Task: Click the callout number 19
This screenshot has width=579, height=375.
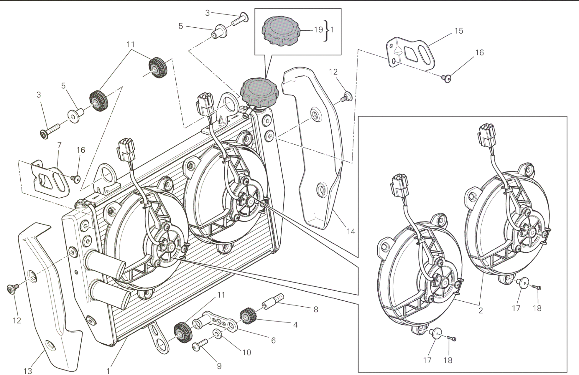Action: click(x=318, y=30)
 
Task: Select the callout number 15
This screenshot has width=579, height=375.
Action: click(x=459, y=31)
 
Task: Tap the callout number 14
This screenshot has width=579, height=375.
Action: click(x=351, y=232)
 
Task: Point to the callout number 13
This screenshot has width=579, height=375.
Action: click(x=28, y=371)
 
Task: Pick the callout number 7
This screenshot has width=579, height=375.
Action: click(x=59, y=145)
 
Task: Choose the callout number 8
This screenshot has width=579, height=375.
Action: click(x=316, y=309)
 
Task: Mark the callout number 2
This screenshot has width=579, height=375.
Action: click(x=481, y=310)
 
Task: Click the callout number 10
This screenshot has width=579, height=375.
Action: click(x=247, y=352)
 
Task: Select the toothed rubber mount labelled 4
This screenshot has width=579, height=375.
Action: click(x=249, y=316)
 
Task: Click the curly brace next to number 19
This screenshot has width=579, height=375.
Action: click(x=326, y=31)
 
